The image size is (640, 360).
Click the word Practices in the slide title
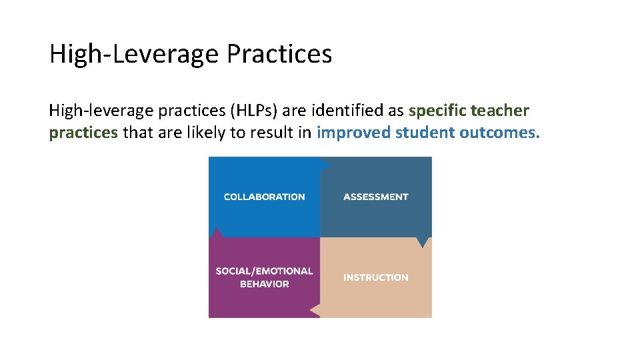(279, 54)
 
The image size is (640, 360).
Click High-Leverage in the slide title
(134, 54)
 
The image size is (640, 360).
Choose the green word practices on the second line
(83, 133)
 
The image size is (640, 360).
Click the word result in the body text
(271, 133)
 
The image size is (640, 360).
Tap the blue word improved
(353, 133)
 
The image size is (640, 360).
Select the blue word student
(424, 133)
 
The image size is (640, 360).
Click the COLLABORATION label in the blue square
(264, 197)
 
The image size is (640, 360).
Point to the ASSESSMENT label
(375, 197)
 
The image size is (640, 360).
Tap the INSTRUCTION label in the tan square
(375, 277)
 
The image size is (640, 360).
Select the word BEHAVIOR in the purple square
(264, 284)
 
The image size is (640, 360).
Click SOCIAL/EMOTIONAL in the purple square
(264, 271)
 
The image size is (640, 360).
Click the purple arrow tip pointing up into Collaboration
(215, 233)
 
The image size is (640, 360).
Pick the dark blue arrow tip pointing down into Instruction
(422, 243)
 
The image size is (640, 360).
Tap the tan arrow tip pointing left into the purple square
(315, 310)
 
